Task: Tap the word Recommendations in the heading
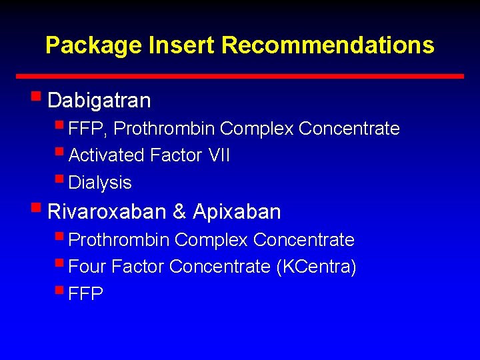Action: tap(327, 45)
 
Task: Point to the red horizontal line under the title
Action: tap(240, 76)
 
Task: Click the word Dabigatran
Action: tap(99, 101)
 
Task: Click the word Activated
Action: tap(107, 156)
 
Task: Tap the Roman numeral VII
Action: tap(219, 156)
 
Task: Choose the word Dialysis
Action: tap(100, 183)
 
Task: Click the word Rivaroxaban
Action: tap(107, 212)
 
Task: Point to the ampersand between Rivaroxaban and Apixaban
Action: tap(179, 212)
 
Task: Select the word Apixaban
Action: tap(237, 212)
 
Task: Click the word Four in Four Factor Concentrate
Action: tap(87, 267)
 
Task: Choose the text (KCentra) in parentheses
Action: tap(316, 267)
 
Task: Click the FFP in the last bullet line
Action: tap(86, 295)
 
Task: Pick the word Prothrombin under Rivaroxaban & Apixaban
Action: tap(120, 240)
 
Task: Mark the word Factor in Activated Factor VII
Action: tap(176, 156)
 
